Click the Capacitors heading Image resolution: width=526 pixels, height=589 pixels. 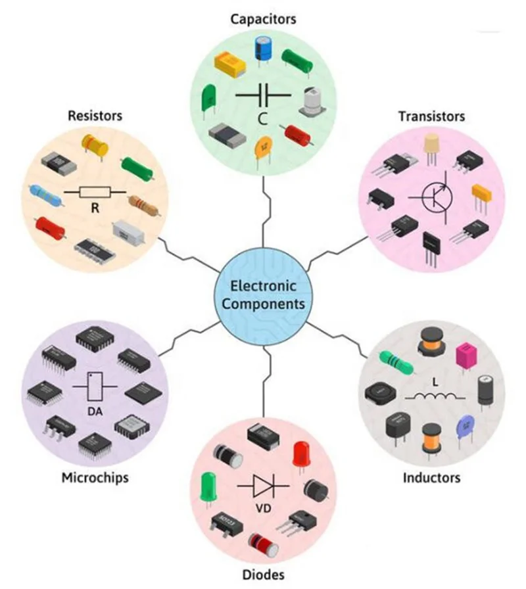point(263,18)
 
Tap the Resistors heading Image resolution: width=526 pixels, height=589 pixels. point(95,116)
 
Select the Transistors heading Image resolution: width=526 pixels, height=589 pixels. point(431,116)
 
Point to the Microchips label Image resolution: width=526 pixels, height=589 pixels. point(95,477)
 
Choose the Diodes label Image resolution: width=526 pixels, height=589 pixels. point(263,575)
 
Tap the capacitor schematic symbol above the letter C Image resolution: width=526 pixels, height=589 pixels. point(263,95)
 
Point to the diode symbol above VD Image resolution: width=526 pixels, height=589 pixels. point(263,488)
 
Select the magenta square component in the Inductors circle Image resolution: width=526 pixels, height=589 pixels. point(466,355)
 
